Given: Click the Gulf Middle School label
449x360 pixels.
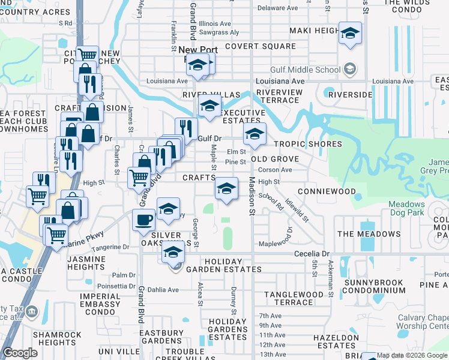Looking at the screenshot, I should coord(305,70).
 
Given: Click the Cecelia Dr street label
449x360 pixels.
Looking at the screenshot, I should coord(312,254).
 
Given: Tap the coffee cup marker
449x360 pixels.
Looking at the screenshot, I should coord(143,220).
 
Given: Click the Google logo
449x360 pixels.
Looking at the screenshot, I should coord(20,353).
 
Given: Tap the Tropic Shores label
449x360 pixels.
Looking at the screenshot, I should coord(307,144).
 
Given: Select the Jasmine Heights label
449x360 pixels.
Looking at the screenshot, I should coord(86,262).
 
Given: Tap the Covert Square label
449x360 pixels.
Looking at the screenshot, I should coord(261,46).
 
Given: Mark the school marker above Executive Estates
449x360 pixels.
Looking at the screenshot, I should coord(209,106).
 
